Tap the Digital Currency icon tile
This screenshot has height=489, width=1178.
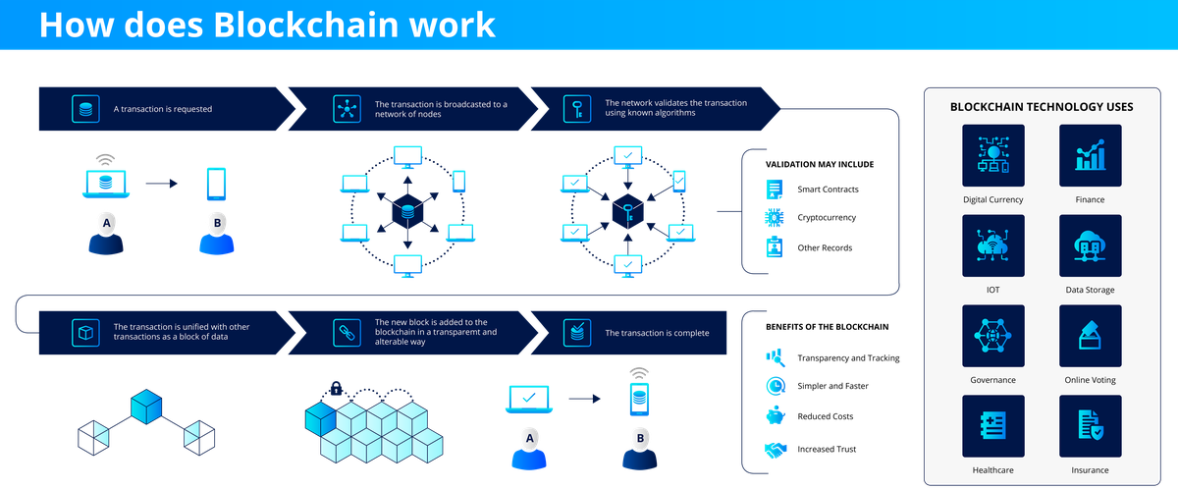click(x=993, y=155)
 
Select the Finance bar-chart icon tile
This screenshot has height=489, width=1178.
click(x=1090, y=155)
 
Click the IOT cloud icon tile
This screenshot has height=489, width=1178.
click(x=993, y=245)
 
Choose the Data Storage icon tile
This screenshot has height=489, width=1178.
click(x=1090, y=245)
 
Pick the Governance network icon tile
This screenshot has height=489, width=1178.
click(x=993, y=336)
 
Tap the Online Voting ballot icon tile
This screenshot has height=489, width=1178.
click(x=1090, y=336)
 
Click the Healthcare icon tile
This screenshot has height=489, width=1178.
click(x=993, y=426)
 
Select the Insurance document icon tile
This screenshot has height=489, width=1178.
click(x=1090, y=426)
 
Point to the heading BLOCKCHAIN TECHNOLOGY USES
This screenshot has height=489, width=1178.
click(x=1042, y=106)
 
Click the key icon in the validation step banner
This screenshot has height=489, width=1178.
click(x=576, y=108)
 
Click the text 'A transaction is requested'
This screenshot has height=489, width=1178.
click(x=163, y=109)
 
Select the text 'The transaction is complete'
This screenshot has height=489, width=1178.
click(x=657, y=333)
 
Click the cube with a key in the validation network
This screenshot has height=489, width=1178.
click(x=625, y=211)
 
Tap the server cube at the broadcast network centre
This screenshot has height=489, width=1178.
click(x=406, y=211)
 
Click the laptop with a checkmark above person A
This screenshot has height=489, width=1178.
click(x=529, y=400)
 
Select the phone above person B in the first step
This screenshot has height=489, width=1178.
click(x=217, y=184)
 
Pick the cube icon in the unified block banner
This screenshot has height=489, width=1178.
click(x=85, y=332)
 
